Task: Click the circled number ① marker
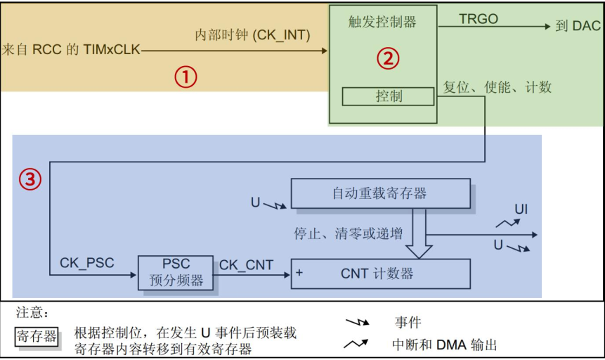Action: (x=186, y=77)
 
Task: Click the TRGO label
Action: (x=479, y=19)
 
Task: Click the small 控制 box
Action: (x=389, y=96)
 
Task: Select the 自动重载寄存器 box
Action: (x=380, y=193)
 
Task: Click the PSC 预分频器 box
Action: (x=176, y=272)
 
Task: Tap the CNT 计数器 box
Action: (x=380, y=274)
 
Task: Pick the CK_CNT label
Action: (x=246, y=264)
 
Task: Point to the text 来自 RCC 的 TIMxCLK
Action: (x=71, y=49)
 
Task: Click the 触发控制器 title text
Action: (x=382, y=22)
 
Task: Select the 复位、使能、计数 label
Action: (x=497, y=87)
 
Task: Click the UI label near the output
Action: (x=521, y=209)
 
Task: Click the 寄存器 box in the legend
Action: (x=37, y=336)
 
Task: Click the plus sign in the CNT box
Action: (x=299, y=273)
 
